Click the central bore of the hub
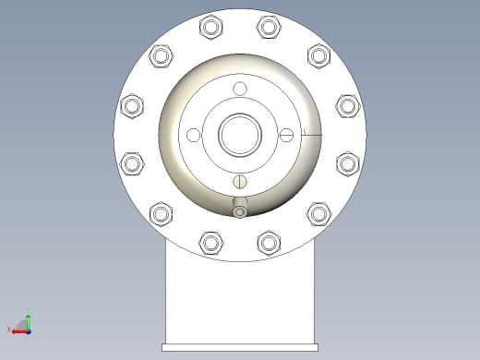pyautogui.click(x=240, y=135)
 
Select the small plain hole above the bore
pyautogui.click(x=240, y=89)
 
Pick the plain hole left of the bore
pyautogui.click(x=193, y=136)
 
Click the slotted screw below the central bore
pyautogui.click(x=240, y=182)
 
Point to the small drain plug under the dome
pyautogui.click(x=240, y=211)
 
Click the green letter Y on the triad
pyautogui.click(x=29, y=310)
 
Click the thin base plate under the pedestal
pyautogui.click(x=240, y=347)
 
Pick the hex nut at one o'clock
pyautogui.click(x=269, y=27)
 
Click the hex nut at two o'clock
pyautogui.click(x=318, y=56)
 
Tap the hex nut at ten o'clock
pyautogui.click(x=162, y=56)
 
